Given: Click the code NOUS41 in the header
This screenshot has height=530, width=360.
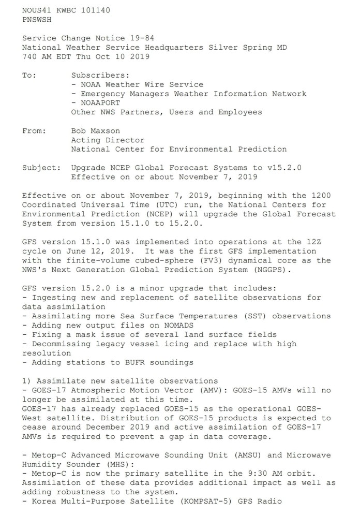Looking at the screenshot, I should click(38, 10).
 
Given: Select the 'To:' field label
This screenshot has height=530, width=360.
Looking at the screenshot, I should click(29, 76).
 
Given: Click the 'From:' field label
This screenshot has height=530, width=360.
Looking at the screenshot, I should click(34, 131).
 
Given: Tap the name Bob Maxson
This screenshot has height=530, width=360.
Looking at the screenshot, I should click(96, 131).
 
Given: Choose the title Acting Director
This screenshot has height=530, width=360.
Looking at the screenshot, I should click(108, 140).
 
